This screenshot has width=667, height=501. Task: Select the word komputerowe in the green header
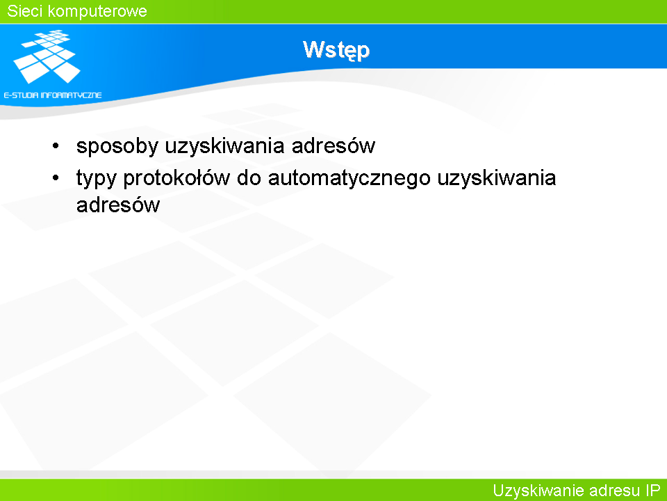97,12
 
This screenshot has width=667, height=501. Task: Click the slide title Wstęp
336,50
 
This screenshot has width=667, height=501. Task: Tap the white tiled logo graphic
47,56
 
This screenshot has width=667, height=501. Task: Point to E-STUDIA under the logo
21,95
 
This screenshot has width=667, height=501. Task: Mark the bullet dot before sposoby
56,146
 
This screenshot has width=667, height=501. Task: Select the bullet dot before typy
56,177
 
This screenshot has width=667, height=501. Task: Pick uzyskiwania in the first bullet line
224,147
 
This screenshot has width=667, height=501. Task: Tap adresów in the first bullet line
333,145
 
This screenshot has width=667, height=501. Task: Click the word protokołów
176,178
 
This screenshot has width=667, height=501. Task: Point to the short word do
249,177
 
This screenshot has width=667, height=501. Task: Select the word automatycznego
349,179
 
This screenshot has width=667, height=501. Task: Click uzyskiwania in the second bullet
497,179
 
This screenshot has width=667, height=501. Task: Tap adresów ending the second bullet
118,205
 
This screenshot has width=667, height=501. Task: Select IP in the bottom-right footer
652,491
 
